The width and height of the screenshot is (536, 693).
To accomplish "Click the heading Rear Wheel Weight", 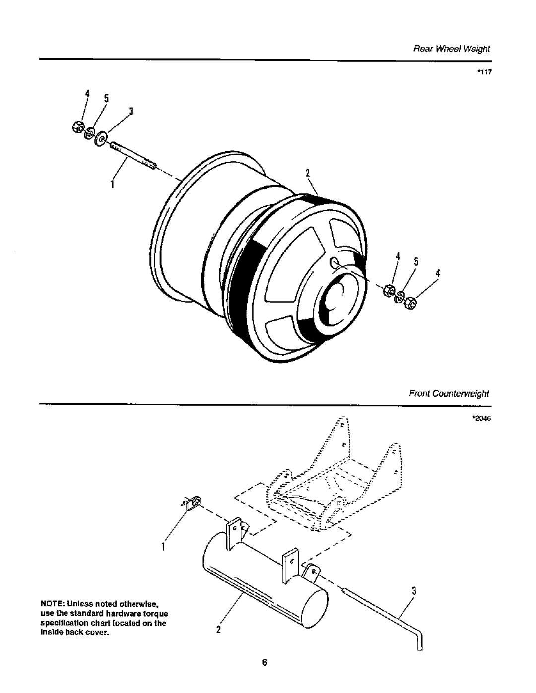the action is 452,49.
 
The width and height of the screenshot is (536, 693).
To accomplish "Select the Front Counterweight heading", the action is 449,394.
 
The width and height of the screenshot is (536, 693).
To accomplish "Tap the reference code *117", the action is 484,72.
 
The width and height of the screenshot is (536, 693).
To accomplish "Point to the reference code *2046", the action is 482,418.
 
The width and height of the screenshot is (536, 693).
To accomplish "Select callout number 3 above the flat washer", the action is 131,111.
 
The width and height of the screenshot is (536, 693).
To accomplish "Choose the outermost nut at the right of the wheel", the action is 410,303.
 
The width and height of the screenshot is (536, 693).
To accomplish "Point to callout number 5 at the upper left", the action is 106,98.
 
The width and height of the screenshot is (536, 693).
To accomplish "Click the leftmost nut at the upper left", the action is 78,127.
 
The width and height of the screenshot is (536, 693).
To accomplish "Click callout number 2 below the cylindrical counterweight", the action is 218,630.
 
